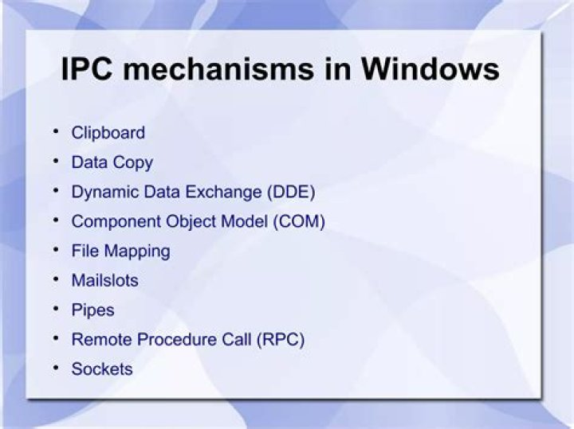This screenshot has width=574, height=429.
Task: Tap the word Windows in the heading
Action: (x=430, y=70)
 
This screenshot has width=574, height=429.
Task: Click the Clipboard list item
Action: (x=108, y=133)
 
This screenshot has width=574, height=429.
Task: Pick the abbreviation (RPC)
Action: (x=280, y=340)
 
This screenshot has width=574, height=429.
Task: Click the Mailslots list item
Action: (x=104, y=280)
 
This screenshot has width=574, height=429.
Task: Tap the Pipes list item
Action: (x=92, y=310)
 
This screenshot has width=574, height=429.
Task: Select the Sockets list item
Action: (x=102, y=369)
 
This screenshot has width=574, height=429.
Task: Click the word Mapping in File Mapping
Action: (x=137, y=252)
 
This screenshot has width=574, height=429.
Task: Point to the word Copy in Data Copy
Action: (x=132, y=163)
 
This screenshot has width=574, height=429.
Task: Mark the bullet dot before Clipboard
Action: (x=57, y=131)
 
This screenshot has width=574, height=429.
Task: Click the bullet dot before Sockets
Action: (x=57, y=368)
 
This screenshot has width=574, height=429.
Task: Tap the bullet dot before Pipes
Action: (x=57, y=308)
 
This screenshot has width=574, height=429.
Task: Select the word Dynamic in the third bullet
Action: (x=102, y=193)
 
